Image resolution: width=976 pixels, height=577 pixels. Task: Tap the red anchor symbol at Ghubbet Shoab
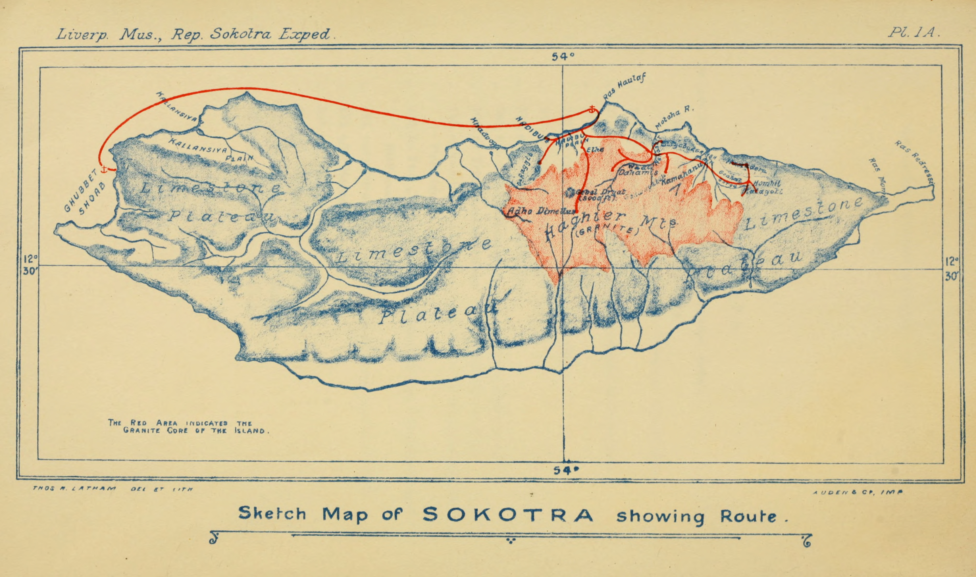click(104, 169)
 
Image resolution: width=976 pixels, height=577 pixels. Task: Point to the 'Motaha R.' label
click(674, 118)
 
